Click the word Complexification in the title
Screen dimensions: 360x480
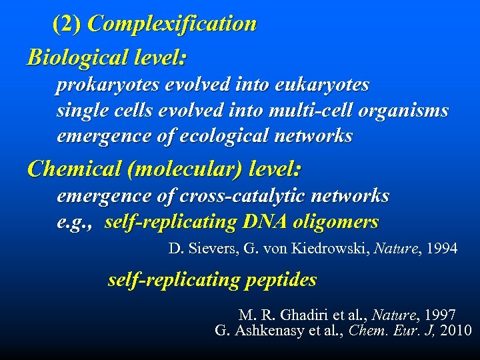(x=172, y=24)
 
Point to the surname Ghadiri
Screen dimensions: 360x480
(x=296, y=314)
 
